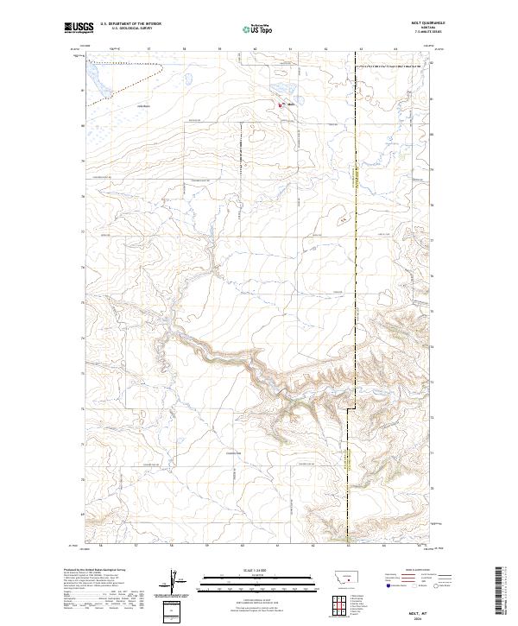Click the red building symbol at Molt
click(x=280, y=105)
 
